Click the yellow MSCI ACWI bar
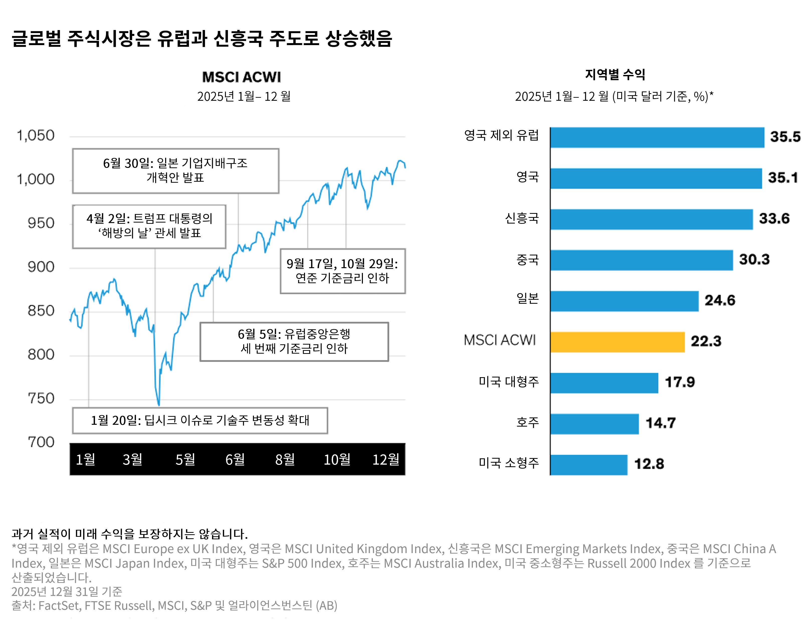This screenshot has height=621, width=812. coord(617,342)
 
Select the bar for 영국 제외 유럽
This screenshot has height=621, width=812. coord(657,138)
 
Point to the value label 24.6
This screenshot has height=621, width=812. coord(720,300)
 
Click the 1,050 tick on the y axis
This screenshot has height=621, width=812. coord(36,136)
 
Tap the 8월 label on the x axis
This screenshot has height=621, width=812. coord(285,459)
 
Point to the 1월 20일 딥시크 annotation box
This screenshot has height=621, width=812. coord(200,420)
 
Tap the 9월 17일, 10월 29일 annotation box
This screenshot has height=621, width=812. coord(342,271)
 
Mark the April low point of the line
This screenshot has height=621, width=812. coord(159,405)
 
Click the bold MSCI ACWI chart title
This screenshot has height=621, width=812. coord(241,77)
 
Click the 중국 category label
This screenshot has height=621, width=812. coord(527,259)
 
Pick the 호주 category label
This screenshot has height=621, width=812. coord(527,422)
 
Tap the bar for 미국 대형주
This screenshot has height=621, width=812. coord(604,383)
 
